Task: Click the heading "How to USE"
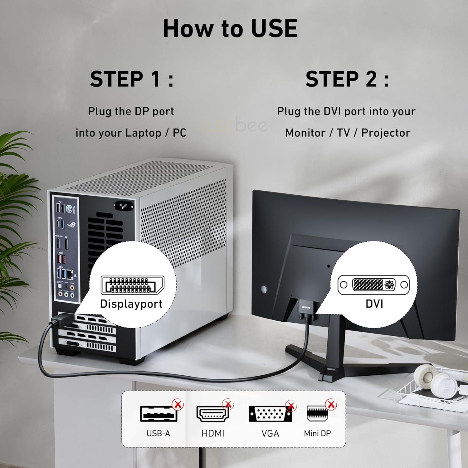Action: pos(230,28)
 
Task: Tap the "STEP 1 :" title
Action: pos(132,79)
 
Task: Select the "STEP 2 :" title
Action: pos(347,79)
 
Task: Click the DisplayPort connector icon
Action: pos(132,285)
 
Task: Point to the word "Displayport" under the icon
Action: pos(131,304)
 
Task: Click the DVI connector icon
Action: pos(373,285)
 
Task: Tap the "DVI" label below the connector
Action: pos(374,304)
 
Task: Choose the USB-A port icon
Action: pos(158,414)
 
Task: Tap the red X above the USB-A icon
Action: pos(178,405)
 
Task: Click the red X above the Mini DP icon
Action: pos(331,405)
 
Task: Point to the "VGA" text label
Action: pos(270,433)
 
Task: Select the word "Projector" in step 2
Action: pos(386,133)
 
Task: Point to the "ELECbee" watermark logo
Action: pos(233,125)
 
